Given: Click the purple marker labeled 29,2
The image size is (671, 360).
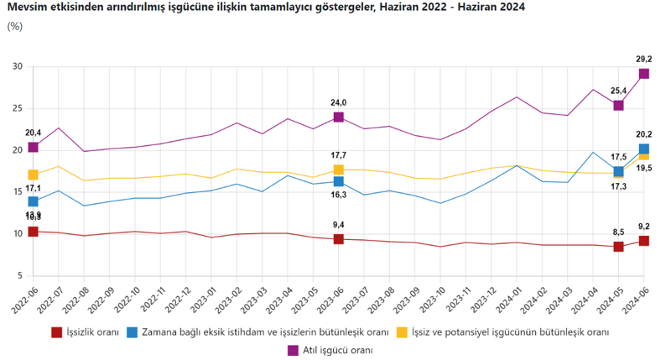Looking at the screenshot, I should coord(643,74).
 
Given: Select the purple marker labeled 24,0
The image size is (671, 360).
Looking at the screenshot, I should coord(338,117).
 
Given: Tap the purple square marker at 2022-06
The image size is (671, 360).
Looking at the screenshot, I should coord(33,147).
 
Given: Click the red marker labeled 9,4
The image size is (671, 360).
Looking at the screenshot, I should coord(338,239).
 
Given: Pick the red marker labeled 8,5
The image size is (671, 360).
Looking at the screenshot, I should coord(618,247).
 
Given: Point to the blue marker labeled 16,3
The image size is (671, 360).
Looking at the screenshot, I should coord(338,181).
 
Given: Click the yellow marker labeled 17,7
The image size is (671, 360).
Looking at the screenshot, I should coord(338,170).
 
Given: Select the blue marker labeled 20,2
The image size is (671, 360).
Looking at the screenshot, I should coord(643,149).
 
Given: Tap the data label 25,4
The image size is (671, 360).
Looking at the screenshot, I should coord(618,91).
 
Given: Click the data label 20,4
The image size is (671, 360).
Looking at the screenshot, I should coord(33,133).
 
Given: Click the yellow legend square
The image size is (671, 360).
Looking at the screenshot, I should coord(402,332).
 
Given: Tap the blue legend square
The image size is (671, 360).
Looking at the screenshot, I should coord(132,332).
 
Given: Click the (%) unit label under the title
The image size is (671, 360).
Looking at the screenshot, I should coord(15,26).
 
